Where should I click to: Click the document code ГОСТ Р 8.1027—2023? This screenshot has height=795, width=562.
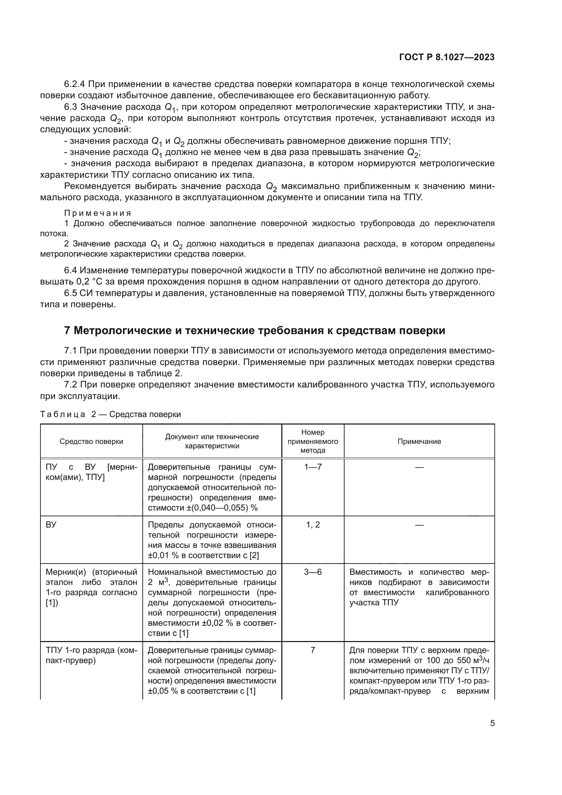(447, 57)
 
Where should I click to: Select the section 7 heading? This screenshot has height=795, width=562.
(254, 331)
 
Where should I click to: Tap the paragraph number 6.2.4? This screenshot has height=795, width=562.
(75, 84)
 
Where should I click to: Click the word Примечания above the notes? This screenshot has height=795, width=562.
(98, 213)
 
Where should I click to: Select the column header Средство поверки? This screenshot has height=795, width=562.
(91, 442)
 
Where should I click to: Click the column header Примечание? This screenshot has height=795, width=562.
(419, 442)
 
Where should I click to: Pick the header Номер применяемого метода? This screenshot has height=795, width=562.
(313, 442)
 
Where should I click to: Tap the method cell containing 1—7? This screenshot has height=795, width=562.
(313, 467)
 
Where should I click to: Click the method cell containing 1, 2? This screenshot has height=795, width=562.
(313, 524)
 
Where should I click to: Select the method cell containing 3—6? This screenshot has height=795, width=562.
(313, 572)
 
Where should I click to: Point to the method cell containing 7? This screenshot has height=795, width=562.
(313, 650)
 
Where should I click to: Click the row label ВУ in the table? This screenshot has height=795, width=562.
(51, 524)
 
